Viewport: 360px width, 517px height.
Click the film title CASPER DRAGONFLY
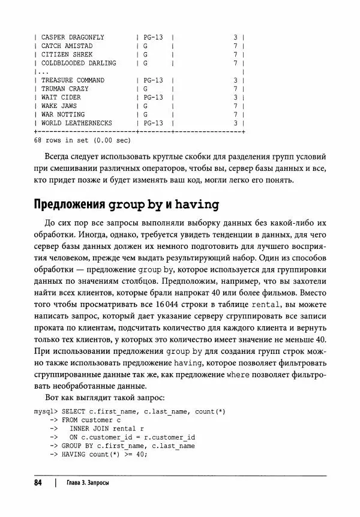click(x=73, y=37)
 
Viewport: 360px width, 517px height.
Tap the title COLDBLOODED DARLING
click(x=79, y=63)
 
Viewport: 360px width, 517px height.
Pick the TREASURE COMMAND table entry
click(x=73, y=80)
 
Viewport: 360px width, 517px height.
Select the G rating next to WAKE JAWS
click(x=145, y=106)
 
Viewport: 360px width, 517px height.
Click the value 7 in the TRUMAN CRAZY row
click(x=236, y=89)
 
